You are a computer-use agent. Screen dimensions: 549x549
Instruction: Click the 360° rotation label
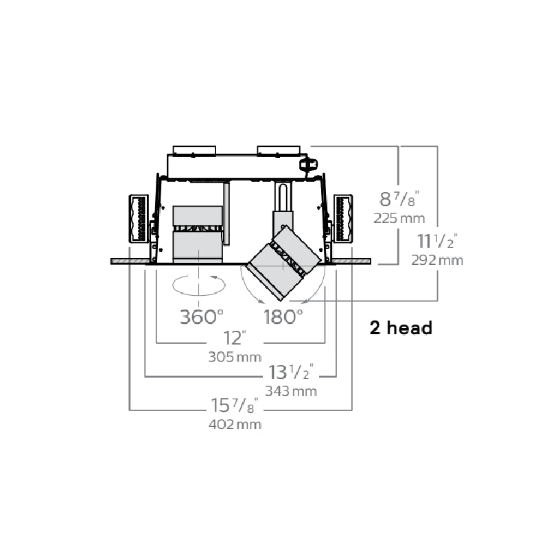pyautogui.click(x=202, y=317)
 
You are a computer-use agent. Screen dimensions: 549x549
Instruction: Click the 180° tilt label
pyautogui.click(x=283, y=317)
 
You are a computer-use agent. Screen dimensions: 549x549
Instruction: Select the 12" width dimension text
pyautogui.click(x=235, y=338)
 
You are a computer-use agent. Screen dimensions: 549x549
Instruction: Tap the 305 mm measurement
pyautogui.click(x=235, y=357)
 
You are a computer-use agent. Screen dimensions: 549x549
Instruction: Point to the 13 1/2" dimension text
pyautogui.click(x=290, y=372)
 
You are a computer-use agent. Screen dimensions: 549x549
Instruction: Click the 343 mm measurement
pyautogui.click(x=291, y=391)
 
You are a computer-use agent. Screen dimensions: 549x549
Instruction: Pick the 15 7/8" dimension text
pyautogui.click(x=235, y=406)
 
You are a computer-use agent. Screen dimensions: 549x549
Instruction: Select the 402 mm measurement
pyautogui.click(x=235, y=425)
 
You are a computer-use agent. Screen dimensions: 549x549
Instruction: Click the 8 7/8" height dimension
pyautogui.click(x=399, y=199)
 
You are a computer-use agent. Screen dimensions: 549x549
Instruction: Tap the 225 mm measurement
pyautogui.click(x=399, y=218)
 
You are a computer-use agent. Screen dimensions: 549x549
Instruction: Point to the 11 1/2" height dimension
pyautogui.click(x=437, y=241)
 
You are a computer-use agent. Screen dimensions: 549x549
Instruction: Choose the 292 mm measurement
pyautogui.click(x=437, y=260)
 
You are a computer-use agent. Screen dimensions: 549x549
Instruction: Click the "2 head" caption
pyautogui.click(x=401, y=328)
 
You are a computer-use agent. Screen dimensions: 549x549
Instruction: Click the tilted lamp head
pyautogui.click(x=283, y=263)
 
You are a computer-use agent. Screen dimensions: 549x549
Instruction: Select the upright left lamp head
pyautogui.click(x=198, y=234)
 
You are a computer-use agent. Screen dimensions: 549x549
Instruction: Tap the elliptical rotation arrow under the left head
pyautogui.click(x=199, y=285)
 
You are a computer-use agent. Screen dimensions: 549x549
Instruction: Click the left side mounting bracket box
pyautogui.click(x=139, y=219)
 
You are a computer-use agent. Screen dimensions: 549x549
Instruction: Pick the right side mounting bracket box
pyautogui.click(x=342, y=218)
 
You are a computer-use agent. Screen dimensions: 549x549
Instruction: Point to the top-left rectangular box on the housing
pyautogui.click(x=194, y=150)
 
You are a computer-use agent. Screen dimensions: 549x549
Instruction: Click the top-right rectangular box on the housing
pyautogui.click(x=279, y=150)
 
